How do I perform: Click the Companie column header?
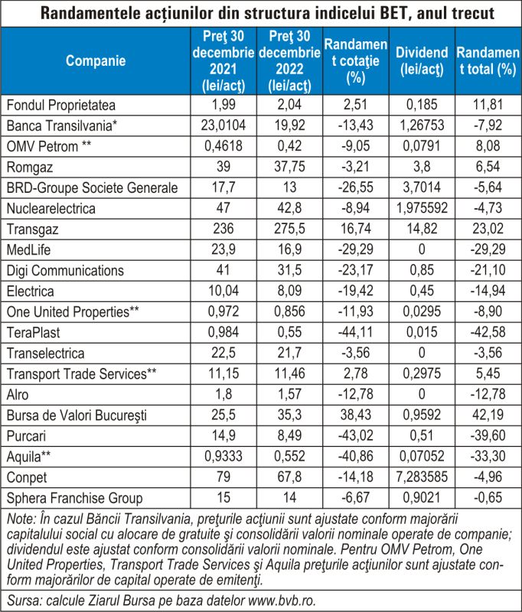[96, 60]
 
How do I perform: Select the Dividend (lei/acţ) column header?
[422, 60]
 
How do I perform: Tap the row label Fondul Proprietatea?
[61, 105]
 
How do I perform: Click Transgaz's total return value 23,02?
[488, 228]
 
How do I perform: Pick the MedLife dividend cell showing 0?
[422, 249]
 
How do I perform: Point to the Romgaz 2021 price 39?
[223, 166]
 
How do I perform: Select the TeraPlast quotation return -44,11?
[356, 332]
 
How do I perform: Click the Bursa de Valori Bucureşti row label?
[77, 415]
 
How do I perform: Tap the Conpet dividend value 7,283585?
[422, 477]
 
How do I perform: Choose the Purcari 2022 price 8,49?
[289, 435]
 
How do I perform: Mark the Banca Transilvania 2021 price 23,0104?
[223, 125]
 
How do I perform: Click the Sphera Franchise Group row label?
[74, 498]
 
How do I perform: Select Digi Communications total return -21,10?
[488, 270]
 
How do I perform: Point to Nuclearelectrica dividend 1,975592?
[422, 207]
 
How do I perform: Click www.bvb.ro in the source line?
[282, 601]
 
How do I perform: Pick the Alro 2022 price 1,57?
[289, 394]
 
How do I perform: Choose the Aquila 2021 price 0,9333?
[223, 456]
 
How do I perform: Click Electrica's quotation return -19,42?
[356, 291]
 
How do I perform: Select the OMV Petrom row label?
[49, 146]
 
